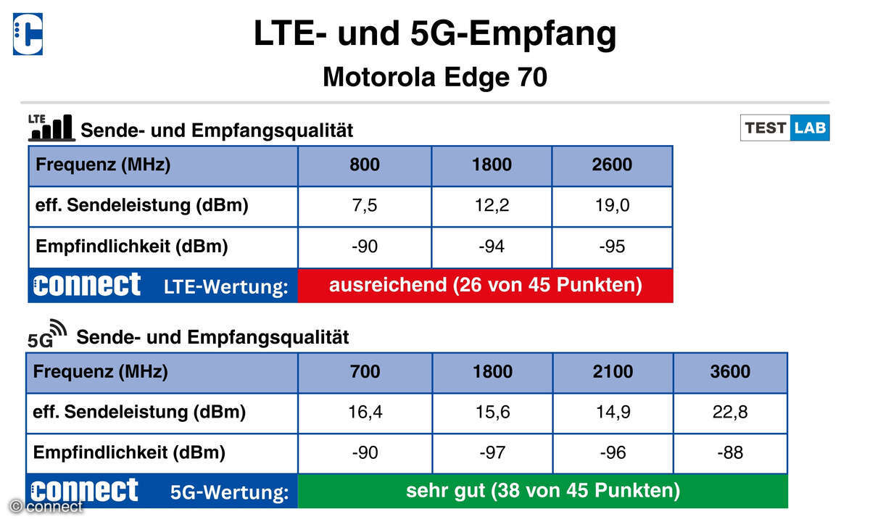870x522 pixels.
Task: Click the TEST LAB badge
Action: pyautogui.click(x=784, y=128)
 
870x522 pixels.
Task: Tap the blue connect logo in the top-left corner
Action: pyautogui.click(x=28, y=34)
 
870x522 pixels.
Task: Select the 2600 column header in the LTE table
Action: pyautogui.click(x=611, y=165)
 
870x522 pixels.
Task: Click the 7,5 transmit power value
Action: pyautogui.click(x=365, y=206)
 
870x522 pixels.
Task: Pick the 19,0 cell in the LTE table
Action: pyautogui.click(x=611, y=206)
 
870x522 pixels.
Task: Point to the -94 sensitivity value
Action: pyautogui.click(x=492, y=246)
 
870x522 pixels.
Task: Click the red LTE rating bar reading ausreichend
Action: pyautogui.click(x=485, y=285)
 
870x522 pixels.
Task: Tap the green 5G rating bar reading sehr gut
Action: pyautogui.click(x=542, y=491)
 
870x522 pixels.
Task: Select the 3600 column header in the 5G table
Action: pyautogui.click(x=730, y=373)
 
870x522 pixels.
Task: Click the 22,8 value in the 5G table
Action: pyautogui.click(x=730, y=413)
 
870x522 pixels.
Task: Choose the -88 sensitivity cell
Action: pyautogui.click(x=730, y=453)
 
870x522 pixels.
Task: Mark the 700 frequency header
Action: pyautogui.click(x=365, y=373)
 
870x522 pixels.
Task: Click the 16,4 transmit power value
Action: pyautogui.click(x=365, y=413)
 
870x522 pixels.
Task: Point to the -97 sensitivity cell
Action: pyautogui.click(x=492, y=453)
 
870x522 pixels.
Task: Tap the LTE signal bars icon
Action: pyautogui.click(x=51, y=127)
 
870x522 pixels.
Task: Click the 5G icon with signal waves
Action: pyautogui.click(x=46, y=333)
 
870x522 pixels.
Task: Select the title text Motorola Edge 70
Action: pyautogui.click(x=434, y=77)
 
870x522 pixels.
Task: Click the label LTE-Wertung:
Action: pyautogui.click(x=225, y=287)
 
